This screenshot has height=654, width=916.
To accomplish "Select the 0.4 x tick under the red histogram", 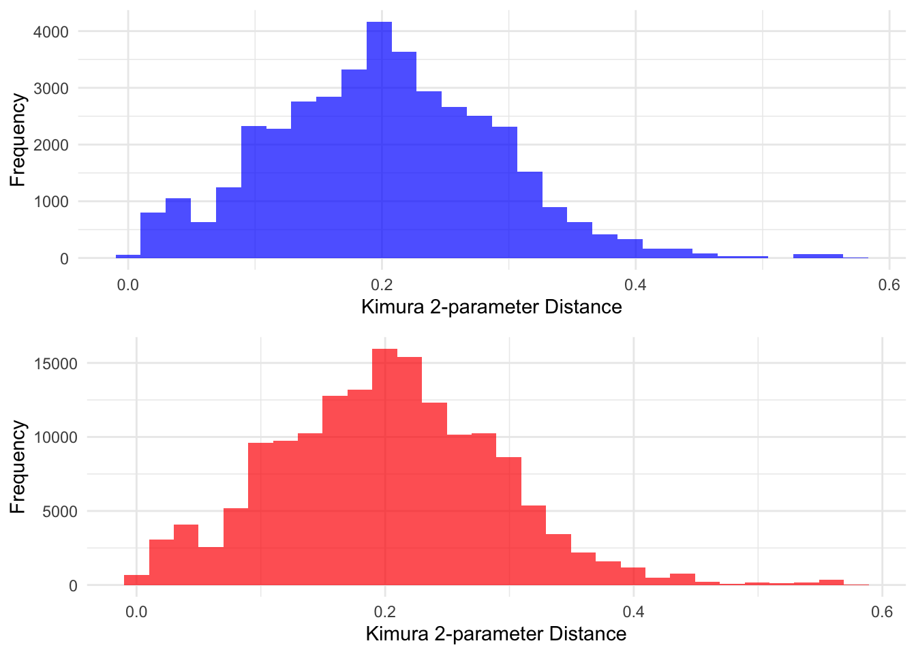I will point(634,611).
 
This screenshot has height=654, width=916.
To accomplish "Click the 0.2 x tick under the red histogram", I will point(385,611).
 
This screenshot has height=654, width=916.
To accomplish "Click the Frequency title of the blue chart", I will point(18,140).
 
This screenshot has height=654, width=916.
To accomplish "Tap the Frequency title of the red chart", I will point(18,467).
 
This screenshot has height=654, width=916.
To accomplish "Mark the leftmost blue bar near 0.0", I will point(128,256).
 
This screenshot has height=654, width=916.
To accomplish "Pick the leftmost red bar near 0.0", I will point(136,580).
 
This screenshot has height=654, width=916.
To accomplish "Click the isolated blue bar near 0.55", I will point(818,256).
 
